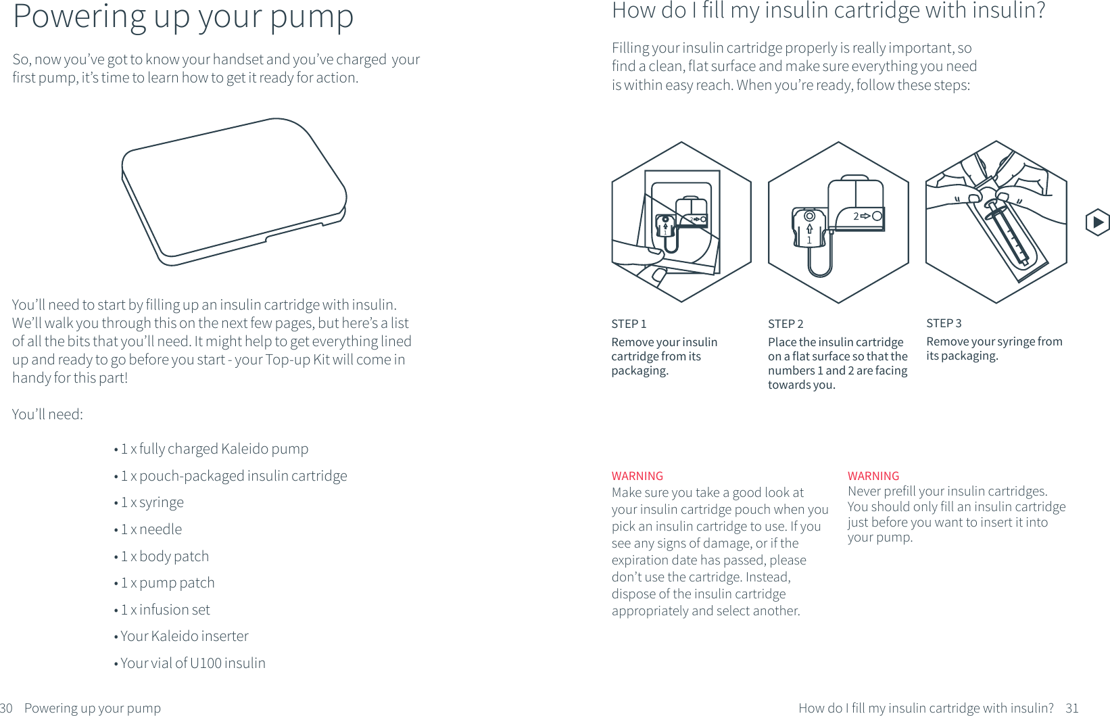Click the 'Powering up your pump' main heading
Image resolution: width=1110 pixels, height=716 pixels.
pos(183,17)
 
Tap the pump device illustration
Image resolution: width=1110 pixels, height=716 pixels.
pos(233,192)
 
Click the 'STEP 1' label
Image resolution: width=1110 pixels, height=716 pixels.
pos(629,324)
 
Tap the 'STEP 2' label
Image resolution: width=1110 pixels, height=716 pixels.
pos(786,324)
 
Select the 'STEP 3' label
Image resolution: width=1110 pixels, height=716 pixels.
pos(944,323)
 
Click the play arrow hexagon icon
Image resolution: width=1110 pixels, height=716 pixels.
pos(1097,222)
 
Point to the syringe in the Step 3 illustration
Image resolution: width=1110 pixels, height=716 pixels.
pos(1007,233)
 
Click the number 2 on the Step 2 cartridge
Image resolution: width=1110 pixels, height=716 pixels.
pos(856,216)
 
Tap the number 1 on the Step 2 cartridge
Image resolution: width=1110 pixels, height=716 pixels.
pos(809,240)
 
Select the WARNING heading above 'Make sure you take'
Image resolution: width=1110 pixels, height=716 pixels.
pos(637,476)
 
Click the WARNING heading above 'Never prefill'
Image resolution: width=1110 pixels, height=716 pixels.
pos(873,476)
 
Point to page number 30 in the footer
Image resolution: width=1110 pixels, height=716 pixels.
pos(6,708)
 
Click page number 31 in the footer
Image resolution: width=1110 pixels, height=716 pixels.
pos(1072,708)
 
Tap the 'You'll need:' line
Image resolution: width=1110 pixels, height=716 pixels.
pos(47,414)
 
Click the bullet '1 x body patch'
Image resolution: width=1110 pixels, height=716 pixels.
pos(164,556)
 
